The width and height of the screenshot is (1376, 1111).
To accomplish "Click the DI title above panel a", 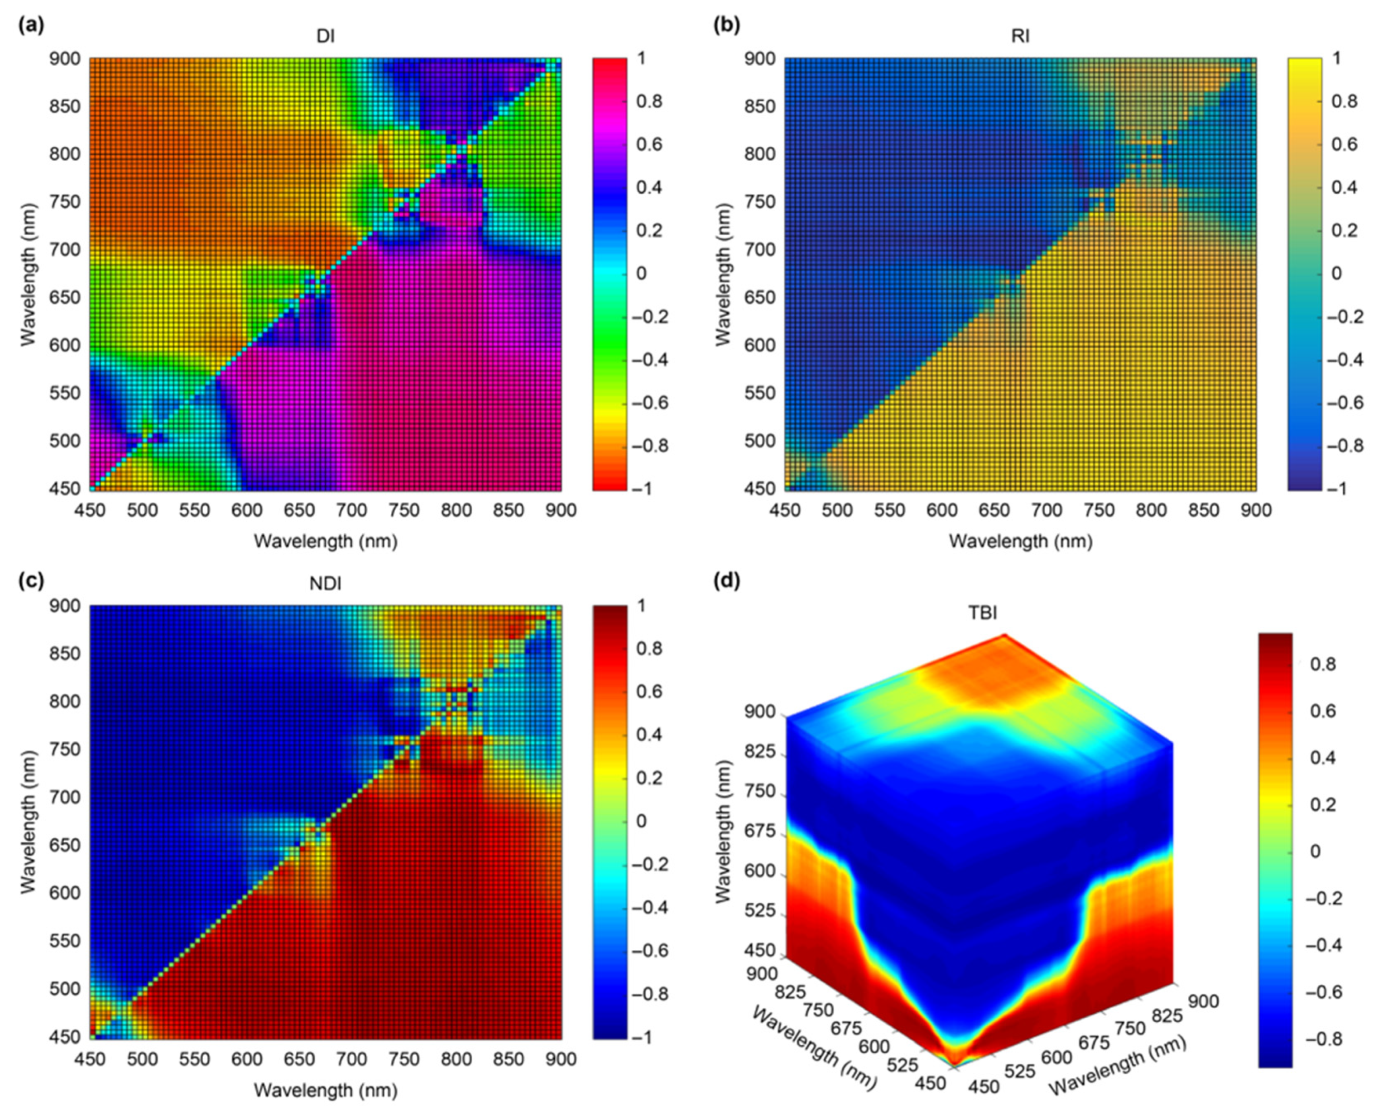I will [x=325, y=37].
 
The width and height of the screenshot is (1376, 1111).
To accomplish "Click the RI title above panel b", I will [x=1020, y=37].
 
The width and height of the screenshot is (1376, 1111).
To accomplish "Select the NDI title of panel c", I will [x=325, y=583].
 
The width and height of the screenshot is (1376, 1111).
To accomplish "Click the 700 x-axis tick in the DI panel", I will [x=352, y=510].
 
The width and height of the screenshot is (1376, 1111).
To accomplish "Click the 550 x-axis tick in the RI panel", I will [x=889, y=510].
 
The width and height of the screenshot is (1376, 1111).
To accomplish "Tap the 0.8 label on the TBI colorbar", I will [x=1324, y=665].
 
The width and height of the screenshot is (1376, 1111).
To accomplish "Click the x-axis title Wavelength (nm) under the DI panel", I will [x=325, y=542].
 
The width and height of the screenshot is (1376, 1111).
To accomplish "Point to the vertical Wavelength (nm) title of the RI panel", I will [x=723, y=273].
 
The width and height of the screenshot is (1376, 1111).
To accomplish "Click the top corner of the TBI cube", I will [x=1005, y=635].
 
